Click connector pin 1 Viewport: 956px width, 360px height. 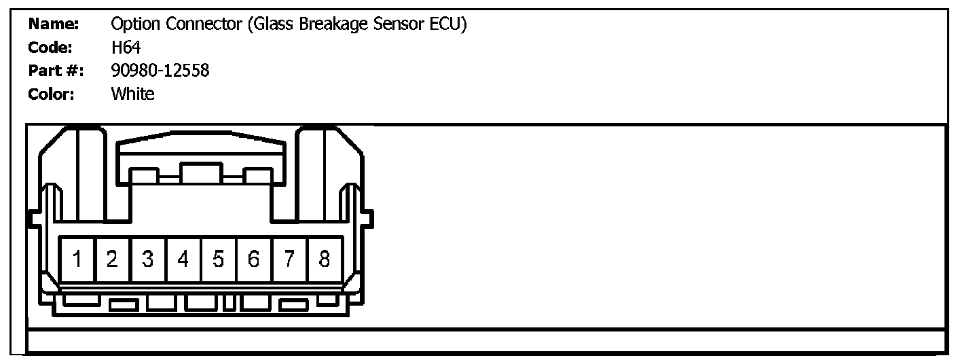coord(78,259)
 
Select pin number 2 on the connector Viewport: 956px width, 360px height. coord(113,259)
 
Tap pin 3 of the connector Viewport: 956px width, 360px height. coord(148,259)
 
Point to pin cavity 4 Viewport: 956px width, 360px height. coord(183,259)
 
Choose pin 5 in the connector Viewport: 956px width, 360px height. coord(219,259)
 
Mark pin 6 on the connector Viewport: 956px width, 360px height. coord(254,259)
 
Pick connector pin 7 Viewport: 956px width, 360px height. coord(289,259)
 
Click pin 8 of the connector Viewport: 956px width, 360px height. coord(325,259)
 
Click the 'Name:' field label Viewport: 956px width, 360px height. coord(54,25)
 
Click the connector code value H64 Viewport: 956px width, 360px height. coord(126,48)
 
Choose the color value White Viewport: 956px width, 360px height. coord(132,94)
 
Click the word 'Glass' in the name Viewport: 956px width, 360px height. coord(276,25)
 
